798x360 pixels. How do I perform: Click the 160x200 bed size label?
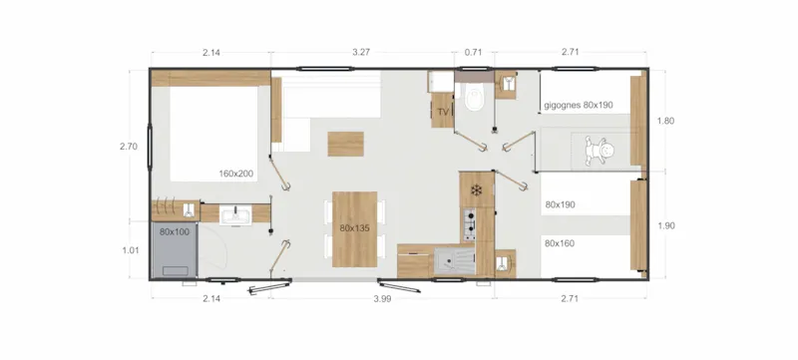tap(237, 174)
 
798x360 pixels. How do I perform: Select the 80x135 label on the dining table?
tap(354, 228)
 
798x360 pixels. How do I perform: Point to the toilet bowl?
tap(474, 100)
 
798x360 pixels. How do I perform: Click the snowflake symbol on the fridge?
tap(477, 189)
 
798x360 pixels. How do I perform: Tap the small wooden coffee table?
tap(346, 143)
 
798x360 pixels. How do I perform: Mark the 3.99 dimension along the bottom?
tap(381, 299)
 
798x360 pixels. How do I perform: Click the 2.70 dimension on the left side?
tap(128, 146)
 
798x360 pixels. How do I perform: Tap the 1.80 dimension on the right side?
tap(666, 122)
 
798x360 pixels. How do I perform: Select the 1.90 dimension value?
tap(666, 225)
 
